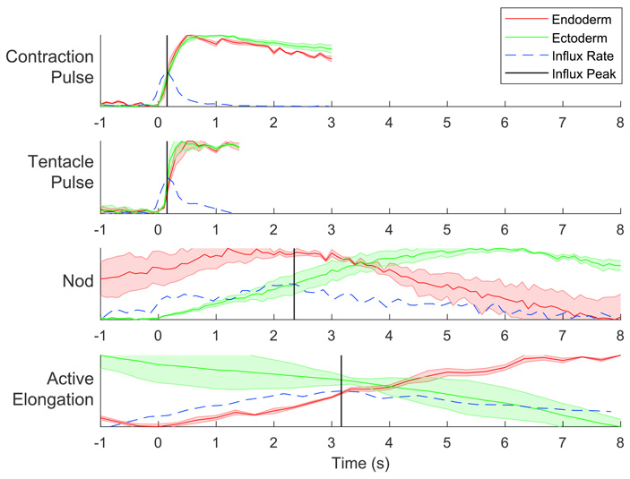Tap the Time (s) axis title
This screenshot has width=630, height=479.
(359, 465)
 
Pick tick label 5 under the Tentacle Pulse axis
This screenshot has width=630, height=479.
(446, 228)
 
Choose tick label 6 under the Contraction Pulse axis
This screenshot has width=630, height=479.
(505, 122)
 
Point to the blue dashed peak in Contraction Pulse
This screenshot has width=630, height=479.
(165, 74)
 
